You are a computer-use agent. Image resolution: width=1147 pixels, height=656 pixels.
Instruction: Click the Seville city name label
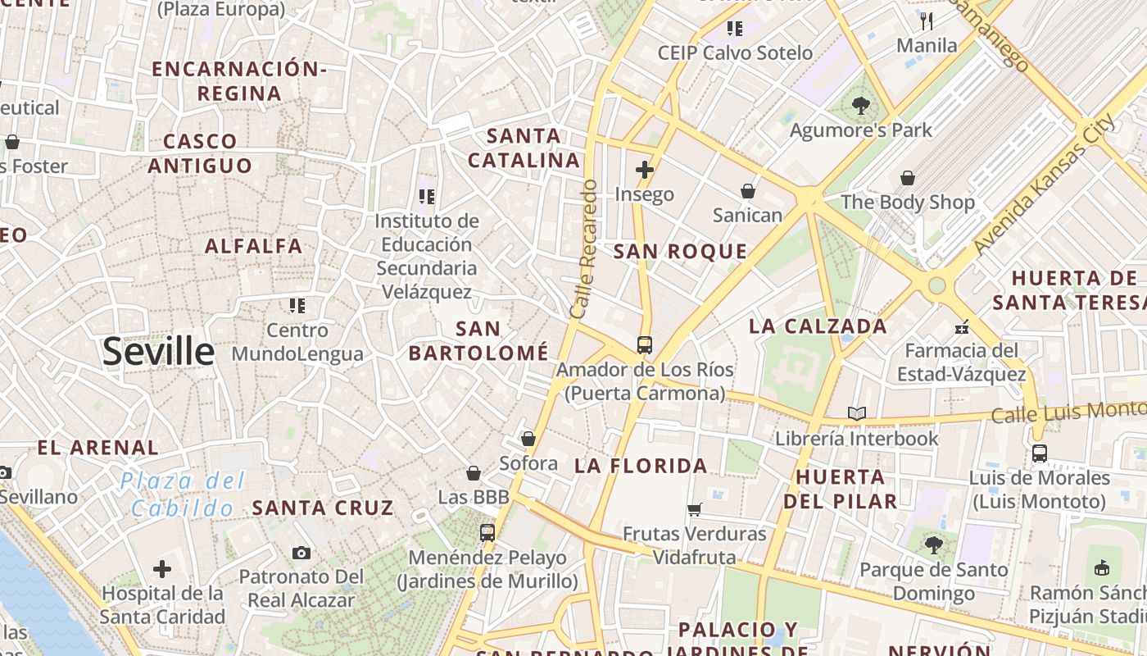(x=158, y=352)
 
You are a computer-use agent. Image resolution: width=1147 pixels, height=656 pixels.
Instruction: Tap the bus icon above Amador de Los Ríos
(x=645, y=344)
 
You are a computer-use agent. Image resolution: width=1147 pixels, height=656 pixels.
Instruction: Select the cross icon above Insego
(x=645, y=170)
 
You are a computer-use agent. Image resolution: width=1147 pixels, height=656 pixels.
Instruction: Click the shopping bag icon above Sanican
(x=748, y=191)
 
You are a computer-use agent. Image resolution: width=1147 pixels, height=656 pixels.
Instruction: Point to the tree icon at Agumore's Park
(x=860, y=105)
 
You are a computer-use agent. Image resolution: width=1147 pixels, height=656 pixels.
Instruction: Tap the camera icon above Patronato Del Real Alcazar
(x=301, y=553)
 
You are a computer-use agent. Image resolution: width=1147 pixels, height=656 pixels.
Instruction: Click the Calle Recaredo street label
(x=583, y=249)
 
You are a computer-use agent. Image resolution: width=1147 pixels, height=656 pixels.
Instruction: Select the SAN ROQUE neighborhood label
(x=680, y=252)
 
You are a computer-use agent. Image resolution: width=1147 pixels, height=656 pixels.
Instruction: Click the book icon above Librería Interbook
(x=857, y=413)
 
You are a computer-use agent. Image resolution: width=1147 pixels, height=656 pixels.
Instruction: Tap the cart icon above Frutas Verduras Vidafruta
(x=695, y=509)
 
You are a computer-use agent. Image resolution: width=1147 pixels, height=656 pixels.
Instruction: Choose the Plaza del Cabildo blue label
(x=183, y=494)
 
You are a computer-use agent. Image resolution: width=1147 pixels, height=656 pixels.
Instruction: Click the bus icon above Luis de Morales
(x=1040, y=453)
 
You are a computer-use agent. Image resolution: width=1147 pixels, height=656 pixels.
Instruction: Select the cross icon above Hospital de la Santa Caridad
(x=162, y=568)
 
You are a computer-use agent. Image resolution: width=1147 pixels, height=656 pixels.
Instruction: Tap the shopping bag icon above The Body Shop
(x=908, y=177)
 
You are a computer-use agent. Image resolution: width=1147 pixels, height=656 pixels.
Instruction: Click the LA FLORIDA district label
(x=641, y=466)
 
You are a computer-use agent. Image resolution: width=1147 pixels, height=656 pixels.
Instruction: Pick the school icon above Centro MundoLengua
(x=297, y=306)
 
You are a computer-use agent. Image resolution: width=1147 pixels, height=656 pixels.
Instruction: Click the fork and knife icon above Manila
(x=927, y=20)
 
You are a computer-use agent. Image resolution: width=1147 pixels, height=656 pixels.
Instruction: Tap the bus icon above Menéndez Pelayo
(x=487, y=532)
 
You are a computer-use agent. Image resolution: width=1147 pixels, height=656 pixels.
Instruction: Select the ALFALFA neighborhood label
(x=253, y=246)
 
